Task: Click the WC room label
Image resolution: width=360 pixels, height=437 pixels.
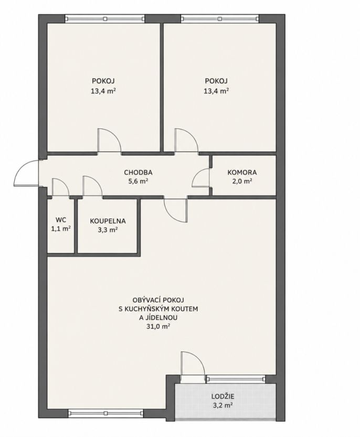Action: [x=61, y=220]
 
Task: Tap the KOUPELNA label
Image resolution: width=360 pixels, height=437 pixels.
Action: [x=108, y=221]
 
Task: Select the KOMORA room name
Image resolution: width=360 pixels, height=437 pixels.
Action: [x=242, y=173]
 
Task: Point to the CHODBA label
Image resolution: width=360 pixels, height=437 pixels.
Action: [x=139, y=173]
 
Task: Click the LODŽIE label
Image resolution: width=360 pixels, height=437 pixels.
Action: [x=223, y=396]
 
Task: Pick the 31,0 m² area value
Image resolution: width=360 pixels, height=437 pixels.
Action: [x=158, y=326]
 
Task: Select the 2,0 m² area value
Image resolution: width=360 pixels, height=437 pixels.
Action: [x=242, y=182]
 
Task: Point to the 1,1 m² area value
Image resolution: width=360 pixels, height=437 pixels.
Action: [x=60, y=229]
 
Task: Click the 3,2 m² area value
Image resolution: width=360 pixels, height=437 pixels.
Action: [x=223, y=405]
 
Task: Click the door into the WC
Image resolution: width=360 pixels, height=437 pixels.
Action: [x=60, y=187]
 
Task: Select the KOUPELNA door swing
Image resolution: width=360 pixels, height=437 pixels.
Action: [x=92, y=186]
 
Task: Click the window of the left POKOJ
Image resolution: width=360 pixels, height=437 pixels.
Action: [x=105, y=19]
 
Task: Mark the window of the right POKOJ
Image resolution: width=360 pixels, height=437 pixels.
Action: [x=220, y=19]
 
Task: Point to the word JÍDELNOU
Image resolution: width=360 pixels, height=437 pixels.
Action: [x=158, y=317]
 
